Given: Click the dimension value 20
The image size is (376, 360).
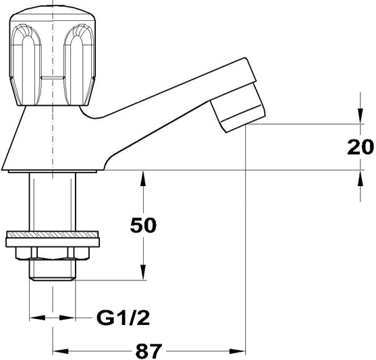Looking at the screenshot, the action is [360, 146].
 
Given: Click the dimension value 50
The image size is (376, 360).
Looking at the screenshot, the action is [143, 225].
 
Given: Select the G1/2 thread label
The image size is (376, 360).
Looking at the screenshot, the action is [123, 318].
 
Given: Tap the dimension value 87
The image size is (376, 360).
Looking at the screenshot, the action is [149, 351].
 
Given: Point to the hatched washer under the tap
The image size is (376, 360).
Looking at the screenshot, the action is [52, 234].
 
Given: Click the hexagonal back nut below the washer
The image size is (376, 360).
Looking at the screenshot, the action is [52, 253].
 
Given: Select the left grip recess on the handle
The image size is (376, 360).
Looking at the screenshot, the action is [26, 65].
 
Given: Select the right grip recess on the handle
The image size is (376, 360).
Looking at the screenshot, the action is [79, 65].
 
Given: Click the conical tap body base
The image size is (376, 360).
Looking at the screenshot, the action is [51, 139].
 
